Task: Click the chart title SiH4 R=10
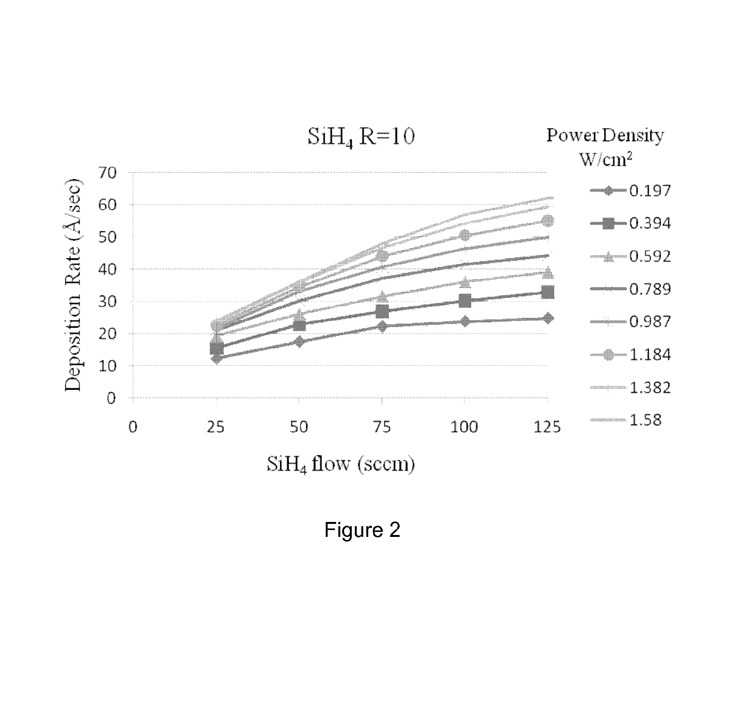pos(361,137)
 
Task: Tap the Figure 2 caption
pos(362,530)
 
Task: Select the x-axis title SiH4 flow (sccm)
pos(341,465)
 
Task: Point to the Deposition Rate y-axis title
pos(73,285)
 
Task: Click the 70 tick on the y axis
pos(107,173)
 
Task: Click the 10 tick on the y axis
pos(107,366)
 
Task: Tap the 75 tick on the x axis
pos(382,427)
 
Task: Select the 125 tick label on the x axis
pos(547,427)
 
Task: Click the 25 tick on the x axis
pos(215,427)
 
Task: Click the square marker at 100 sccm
pos(465,301)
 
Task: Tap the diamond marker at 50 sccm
pos(299,342)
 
